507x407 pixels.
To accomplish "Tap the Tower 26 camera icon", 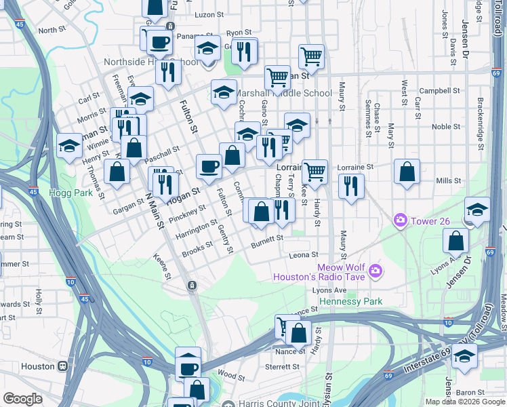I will (x=401, y=220).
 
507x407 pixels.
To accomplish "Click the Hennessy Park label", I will (x=351, y=301).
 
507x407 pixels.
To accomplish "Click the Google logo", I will (x=22, y=399).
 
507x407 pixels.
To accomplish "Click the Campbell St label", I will (x=439, y=90).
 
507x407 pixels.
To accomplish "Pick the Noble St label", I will (x=445, y=126).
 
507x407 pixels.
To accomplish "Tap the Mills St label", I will (x=448, y=181).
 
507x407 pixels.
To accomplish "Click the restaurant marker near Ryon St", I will (x=244, y=50).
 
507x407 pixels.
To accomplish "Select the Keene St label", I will (x=165, y=267).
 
